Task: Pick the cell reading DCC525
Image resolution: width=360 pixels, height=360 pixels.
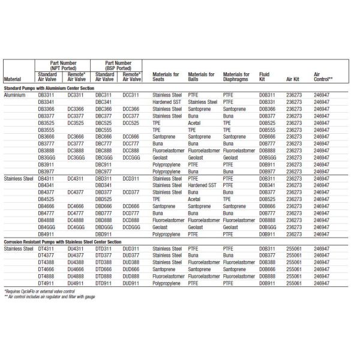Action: pos(131,123)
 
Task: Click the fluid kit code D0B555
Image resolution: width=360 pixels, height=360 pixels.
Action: pos(267,130)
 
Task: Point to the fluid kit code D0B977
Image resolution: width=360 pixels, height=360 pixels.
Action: pos(267,171)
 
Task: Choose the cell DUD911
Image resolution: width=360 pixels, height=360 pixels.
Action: pos(131,283)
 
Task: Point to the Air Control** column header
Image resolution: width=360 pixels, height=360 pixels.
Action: pos(323,77)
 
